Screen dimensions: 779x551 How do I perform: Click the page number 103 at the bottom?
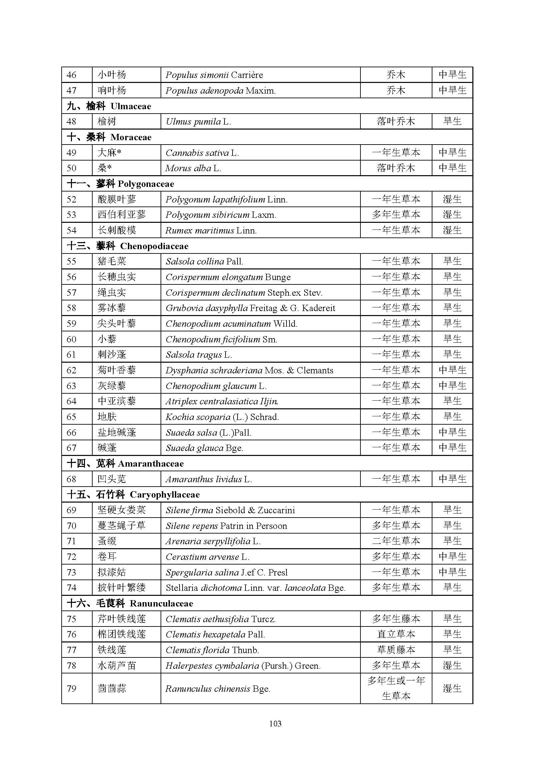click(275, 724)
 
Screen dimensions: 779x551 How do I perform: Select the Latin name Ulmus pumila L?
click(198, 122)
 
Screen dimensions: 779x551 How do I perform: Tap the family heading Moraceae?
click(131, 137)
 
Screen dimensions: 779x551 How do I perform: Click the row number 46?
click(72, 75)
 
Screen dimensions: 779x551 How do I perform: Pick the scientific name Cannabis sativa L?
click(202, 153)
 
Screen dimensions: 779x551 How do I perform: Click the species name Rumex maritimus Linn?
click(211, 230)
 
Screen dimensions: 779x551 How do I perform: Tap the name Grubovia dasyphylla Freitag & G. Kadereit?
click(251, 308)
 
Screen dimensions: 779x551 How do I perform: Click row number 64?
click(72, 401)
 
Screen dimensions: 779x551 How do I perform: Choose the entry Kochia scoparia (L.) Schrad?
click(222, 417)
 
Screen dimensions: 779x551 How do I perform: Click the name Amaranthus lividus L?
click(209, 479)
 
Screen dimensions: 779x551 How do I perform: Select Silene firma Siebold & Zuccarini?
click(230, 510)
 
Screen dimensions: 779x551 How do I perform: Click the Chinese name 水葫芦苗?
click(117, 666)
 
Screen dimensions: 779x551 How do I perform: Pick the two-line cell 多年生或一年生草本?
click(396, 688)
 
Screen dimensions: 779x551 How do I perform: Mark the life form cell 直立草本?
click(396, 634)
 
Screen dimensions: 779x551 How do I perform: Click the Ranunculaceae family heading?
click(161, 603)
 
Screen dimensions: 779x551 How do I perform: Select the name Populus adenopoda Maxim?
click(221, 91)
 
